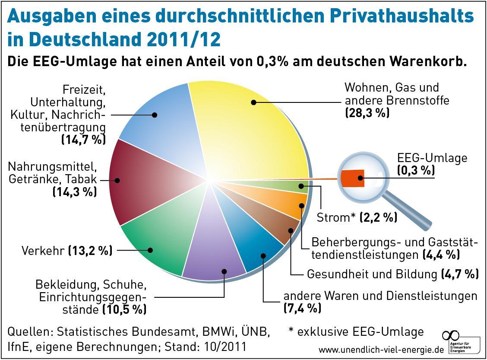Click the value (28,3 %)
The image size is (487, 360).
click(x=367, y=113)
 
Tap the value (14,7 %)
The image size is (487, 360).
click(x=83, y=139)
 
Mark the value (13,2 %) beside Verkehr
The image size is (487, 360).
click(x=90, y=251)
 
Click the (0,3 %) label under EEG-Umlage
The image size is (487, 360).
click(x=416, y=170)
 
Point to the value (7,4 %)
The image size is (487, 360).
click(x=302, y=308)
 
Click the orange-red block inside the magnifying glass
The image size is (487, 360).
click(x=353, y=178)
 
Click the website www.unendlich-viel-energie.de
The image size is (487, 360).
click(x=381, y=349)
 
